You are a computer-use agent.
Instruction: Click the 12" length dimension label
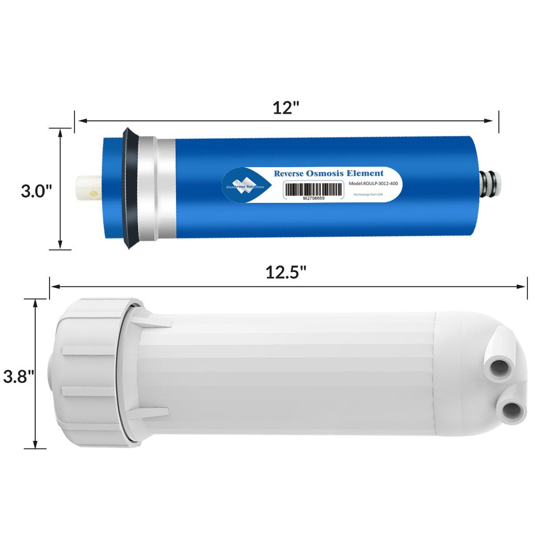click(x=286, y=108)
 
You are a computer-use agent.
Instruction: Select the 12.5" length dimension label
click(x=286, y=273)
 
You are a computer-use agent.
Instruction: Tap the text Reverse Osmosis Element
click(x=329, y=173)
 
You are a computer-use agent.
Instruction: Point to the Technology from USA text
click(x=368, y=194)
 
